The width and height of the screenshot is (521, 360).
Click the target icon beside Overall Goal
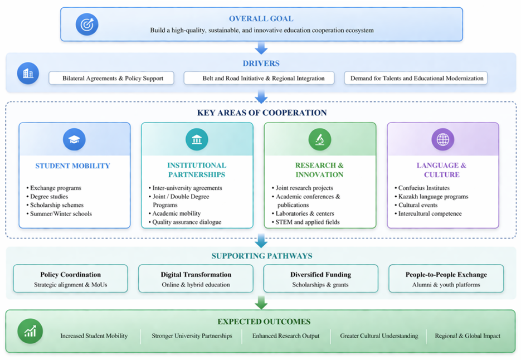pyautogui.click(x=87, y=25)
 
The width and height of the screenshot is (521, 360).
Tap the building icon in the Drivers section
pyautogui.click(x=28, y=74)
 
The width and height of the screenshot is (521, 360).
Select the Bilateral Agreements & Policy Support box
pyautogui.click(x=111, y=78)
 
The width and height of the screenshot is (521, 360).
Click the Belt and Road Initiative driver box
pyautogui.click(x=259, y=78)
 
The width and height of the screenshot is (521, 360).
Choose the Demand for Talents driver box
pyautogui.click(x=416, y=78)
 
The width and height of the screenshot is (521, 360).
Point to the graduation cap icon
pyautogui.click(x=74, y=140)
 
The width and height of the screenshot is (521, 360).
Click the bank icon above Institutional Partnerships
pyautogui.click(x=197, y=140)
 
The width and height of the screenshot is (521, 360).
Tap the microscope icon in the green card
pyautogui.click(x=320, y=140)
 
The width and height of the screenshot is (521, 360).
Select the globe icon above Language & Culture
pyautogui.click(x=443, y=140)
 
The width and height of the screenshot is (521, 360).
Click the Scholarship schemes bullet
pyautogui.click(x=56, y=205)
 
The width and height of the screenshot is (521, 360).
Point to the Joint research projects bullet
pyautogui.click(x=304, y=188)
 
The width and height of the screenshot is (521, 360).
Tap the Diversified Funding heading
pyautogui.click(x=320, y=275)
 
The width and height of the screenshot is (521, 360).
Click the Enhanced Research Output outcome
pyautogui.click(x=286, y=336)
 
